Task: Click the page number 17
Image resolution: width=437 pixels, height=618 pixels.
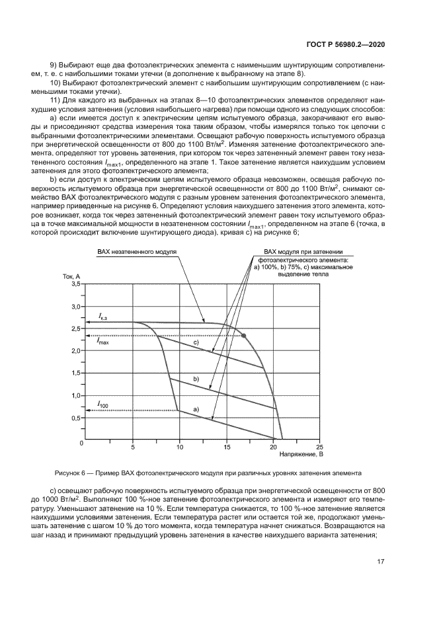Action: click(x=381, y=562)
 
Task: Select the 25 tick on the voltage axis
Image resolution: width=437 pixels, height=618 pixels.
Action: click(x=321, y=446)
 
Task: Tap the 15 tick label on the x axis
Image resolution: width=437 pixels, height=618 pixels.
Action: click(x=226, y=446)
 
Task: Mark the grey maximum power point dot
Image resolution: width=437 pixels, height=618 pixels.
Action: click(x=244, y=336)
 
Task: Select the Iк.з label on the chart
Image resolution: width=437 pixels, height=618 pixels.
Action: click(x=103, y=318)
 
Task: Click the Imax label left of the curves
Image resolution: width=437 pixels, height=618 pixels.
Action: click(x=103, y=342)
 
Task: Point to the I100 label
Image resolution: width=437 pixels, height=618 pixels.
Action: click(x=103, y=403)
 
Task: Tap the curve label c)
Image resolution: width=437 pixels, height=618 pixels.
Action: click(x=196, y=343)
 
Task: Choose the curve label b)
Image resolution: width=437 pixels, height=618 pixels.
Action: click(x=196, y=379)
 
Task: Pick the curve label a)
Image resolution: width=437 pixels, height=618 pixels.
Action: click(x=196, y=410)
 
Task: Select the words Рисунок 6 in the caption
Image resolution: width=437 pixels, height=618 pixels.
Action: click(x=74, y=473)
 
